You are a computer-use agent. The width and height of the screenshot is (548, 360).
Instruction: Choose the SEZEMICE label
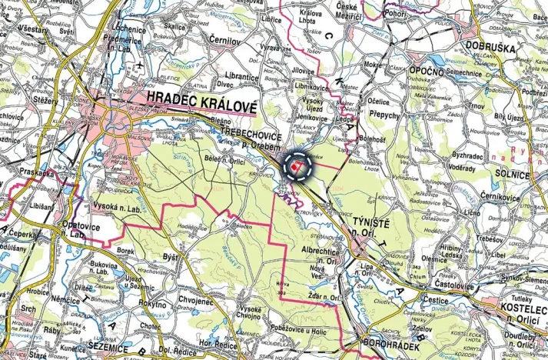point(112,348)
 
